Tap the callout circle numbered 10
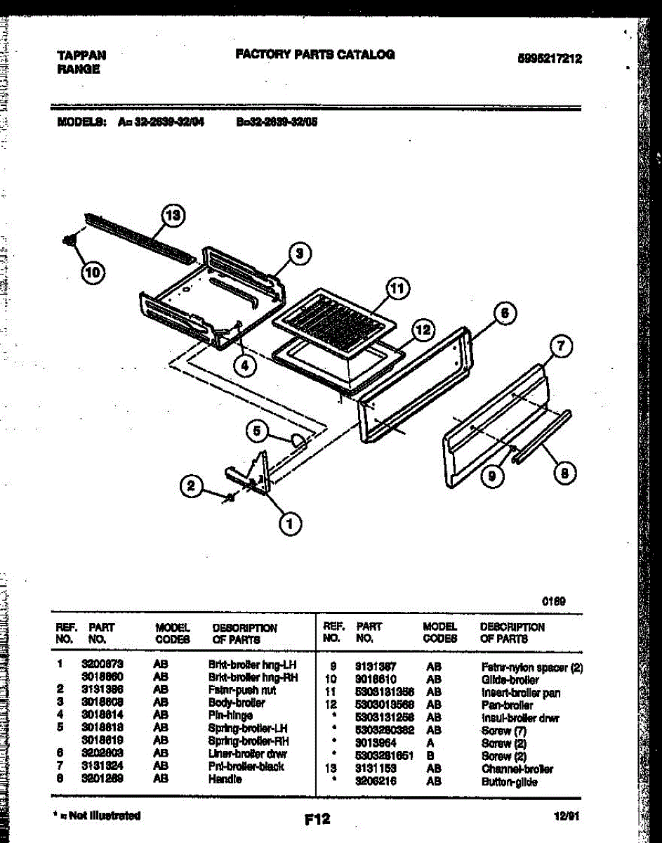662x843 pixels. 91,272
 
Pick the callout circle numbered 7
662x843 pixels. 561,346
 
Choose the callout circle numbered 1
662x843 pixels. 289,522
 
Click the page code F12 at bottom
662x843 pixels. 317,819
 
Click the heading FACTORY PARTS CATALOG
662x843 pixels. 315,54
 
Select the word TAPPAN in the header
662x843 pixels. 81,55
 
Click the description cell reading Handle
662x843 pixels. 225,780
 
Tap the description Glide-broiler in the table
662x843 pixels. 510,680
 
